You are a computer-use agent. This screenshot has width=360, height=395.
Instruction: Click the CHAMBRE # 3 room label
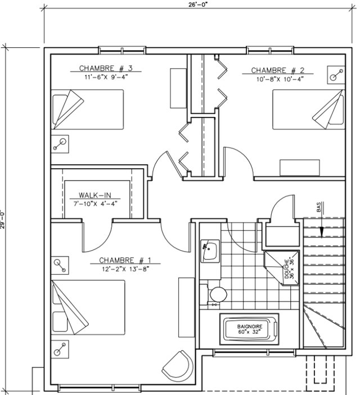(x=106, y=68)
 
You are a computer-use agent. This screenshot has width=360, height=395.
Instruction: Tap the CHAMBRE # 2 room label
(x=278, y=70)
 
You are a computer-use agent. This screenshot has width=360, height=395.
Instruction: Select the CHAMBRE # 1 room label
(x=125, y=260)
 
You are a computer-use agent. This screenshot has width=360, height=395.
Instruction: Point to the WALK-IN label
(x=95, y=195)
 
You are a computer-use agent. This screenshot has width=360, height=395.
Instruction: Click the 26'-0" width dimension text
(x=198, y=5)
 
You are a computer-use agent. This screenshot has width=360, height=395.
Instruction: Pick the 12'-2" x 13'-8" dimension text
(x=125, y=269)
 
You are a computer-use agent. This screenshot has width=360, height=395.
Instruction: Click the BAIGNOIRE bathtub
(x=250, y=329)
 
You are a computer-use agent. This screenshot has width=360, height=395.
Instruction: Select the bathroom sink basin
(x=210, y=251)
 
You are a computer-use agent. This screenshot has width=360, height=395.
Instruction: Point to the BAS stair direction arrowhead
(x=322, y=232)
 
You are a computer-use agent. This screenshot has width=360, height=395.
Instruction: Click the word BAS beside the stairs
(x=319, y=207)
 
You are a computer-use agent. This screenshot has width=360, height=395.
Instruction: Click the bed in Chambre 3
(x=87, y=110)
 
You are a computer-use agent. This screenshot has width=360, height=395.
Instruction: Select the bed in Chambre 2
(x=309, y=110)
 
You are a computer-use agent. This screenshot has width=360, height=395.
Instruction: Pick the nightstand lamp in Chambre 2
(x=336, y=75)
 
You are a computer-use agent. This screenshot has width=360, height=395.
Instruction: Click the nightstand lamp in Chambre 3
(x=60, y=144)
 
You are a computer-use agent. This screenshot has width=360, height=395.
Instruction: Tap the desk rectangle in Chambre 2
(x=300, y=168)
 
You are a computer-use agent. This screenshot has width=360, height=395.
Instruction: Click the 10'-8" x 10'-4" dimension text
(x=280, y=79)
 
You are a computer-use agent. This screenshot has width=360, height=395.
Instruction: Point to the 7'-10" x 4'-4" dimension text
(x=96, y=204)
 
